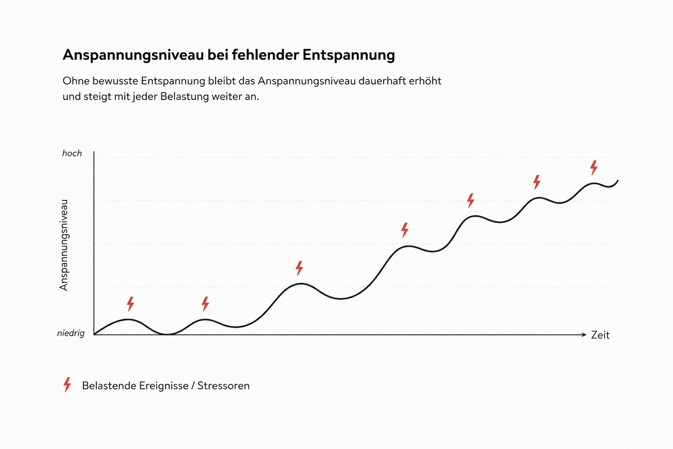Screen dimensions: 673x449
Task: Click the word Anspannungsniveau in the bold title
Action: (x=133, y=55)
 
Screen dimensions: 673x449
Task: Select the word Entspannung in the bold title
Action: (x=348, y=55)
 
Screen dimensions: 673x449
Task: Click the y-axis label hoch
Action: (x=72, y=153)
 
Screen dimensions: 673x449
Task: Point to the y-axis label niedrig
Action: (x=71, y=334)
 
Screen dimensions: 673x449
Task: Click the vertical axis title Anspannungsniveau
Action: (x=64, y=245)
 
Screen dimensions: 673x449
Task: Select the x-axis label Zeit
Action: (x=600, y=335)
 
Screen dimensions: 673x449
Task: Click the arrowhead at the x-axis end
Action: (x=584, y=335)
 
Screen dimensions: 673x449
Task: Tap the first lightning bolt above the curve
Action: (x=131, y=304)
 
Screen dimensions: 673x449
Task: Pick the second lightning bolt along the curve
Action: (x=205, y=304)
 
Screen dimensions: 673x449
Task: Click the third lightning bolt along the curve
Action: (x=299, y=268)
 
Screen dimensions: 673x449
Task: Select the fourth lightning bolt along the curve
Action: (x=405, y=230)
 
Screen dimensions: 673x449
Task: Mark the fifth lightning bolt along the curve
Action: (x=471, y=200)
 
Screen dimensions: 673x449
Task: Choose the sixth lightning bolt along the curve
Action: (x=537, y=182)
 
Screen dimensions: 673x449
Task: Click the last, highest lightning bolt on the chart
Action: (x=594, y=167)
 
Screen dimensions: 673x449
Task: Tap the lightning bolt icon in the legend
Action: (x=67, y=385)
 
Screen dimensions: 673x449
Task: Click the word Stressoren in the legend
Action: (x=223, y=386)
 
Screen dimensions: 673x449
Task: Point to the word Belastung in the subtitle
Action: (x=184, y=96)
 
